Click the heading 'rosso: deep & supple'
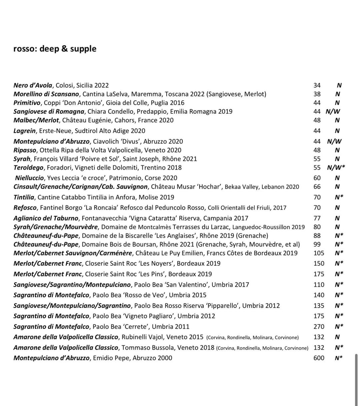click(55, 49)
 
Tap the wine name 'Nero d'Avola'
click(33, 85)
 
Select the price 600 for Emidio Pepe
click(319, 358)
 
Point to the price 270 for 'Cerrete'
click(319, 327)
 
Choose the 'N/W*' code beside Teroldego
click(336, 167)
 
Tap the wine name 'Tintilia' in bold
click(24, 197)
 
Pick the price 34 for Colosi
click(317, 85)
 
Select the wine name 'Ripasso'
click(25, 150)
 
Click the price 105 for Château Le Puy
click(319, 253)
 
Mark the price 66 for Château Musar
click(317, 187)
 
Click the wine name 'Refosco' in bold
click(25, 208)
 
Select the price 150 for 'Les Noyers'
click(319, 263)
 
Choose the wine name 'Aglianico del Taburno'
click(46, 218)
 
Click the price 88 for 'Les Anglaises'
click(317, 236)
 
